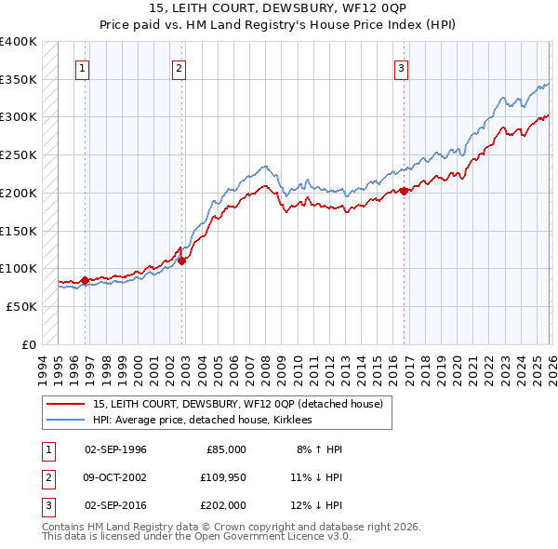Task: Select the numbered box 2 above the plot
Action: (x=179, y=67)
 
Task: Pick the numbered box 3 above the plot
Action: (x=401, y=67)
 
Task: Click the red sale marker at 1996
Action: (x=86, y=280)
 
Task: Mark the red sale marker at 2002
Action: (x=182, y=261)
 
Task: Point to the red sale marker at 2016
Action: (x=405, y=192)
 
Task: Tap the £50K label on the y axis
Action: (x=22, y=306)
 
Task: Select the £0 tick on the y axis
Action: (x=30, y=344)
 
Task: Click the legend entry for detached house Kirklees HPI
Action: (x=203, y=421)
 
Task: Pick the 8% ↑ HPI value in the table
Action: (x=319, y=449)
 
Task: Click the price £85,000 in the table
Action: (x=224, y=449)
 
